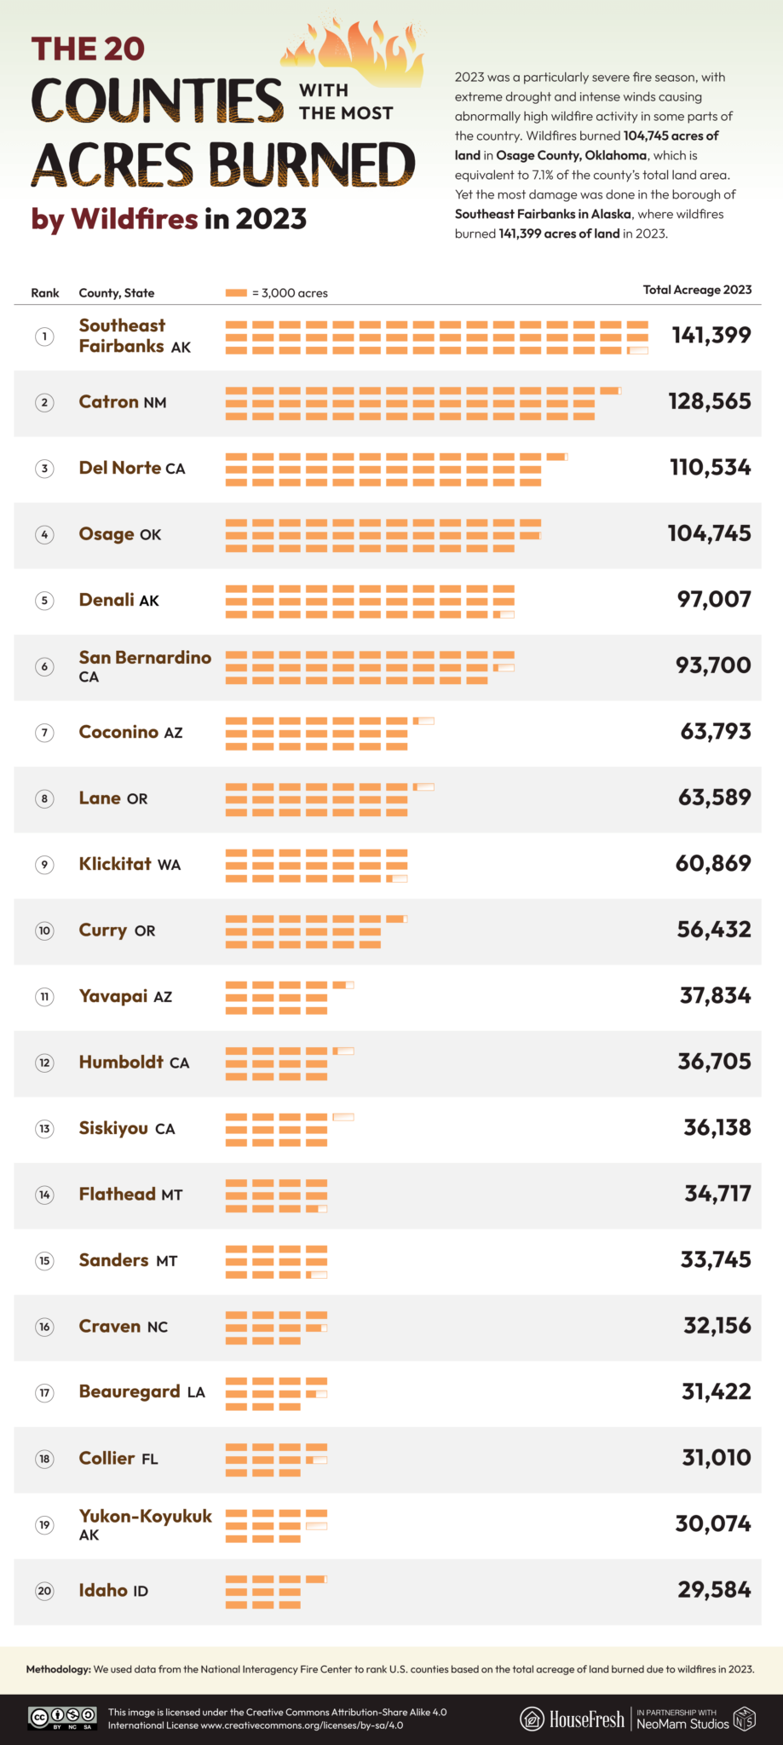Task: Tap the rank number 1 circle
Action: pyautogui.click(x=44, y=337)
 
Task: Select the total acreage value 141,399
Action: pyautogui.click(x=711, y=335)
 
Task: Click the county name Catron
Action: pyautogui.click(x=108, y=401)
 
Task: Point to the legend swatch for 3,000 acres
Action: pyautogui.click(x=236, y=293)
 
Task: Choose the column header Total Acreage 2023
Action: pyautogui.click(x=697, y=290)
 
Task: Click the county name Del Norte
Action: pyautogui.click(x=120, y=468)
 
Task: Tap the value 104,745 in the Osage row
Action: pyautogui.click(x=709, y=533)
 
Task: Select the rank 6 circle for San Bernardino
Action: pyautogui.click(x=44, y=666)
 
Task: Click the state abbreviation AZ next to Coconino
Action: pyautogui.click(x=173, y=733)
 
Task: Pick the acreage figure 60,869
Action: pyautogui.click(x=713, y=863)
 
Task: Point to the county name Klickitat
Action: pyautogui.click(x=115, y=864)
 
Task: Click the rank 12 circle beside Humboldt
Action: pyautogui.click(x=44, y=1063)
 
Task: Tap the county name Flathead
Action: pyautogui.click(x=118, y=1194)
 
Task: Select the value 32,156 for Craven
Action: pyautogui.click(x=717, y=1326)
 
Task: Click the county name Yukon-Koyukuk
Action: pyautogui.click(x=145, y=1516)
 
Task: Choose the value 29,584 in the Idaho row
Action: pyautogui.click(x=714, y=1590)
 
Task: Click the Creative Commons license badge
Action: pyautogui.click(x=62, y=1718)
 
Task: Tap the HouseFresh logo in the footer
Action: pyautogui.click(x=573, y=1719)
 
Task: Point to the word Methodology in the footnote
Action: pyautogui.click(x=58, y=1669)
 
